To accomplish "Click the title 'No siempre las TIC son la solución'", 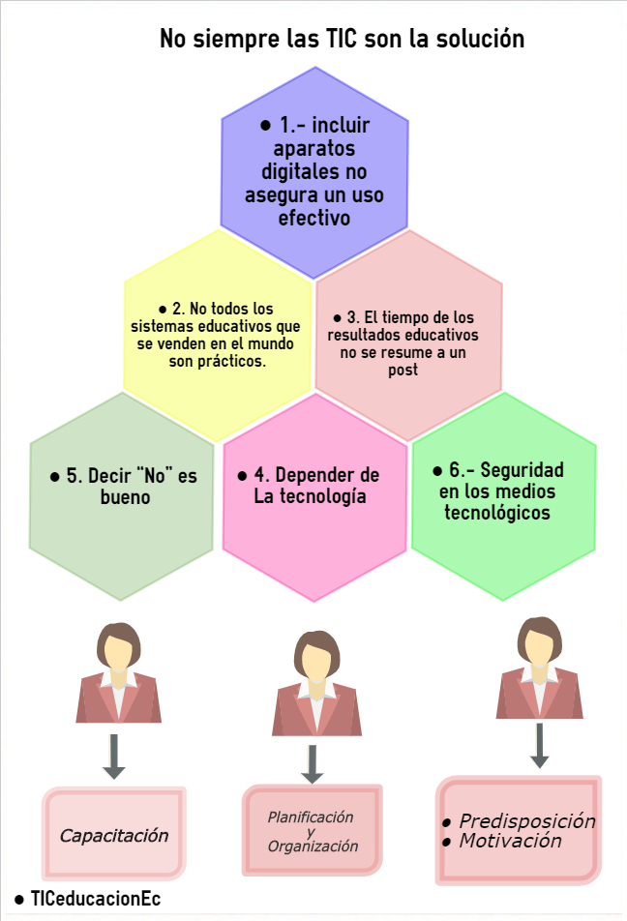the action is tap(342, 40).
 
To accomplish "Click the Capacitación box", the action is tap(114, 835).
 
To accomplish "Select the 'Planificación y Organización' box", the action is tap(312, 831).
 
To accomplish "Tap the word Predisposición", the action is tap(526, 821).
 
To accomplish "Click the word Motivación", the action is tap(510, 842).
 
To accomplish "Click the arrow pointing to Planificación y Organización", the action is tap(312, 762).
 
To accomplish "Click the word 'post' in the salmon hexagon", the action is tap(406, 371).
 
